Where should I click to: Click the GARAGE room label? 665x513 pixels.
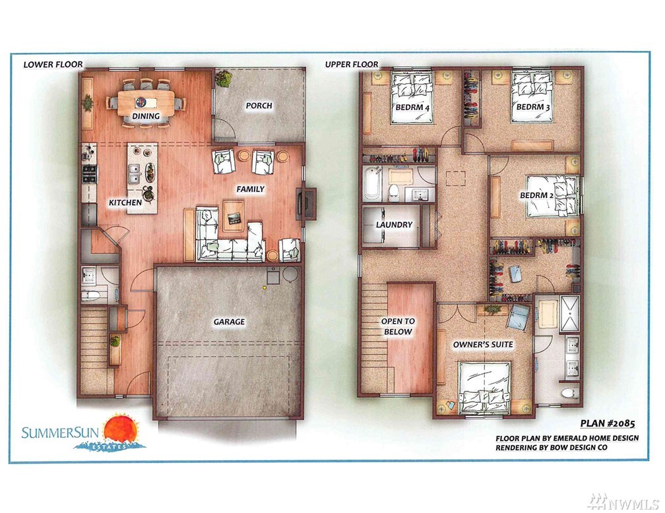point(229,322)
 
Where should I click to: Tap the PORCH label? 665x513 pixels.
point(259,106)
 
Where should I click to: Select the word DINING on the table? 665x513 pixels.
point(145,116)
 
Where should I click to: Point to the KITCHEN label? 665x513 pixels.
point(125,202)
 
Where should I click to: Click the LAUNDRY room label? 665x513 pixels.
point(394,225)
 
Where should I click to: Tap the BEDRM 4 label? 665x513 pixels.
point(412,107)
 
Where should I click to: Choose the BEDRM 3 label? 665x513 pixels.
point(533,107)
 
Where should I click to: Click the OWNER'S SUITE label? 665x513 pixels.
point(483,345)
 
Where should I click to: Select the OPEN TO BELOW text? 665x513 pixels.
point(398,326)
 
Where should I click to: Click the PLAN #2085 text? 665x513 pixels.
point(608,423)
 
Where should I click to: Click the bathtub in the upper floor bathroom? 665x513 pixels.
point(371,183)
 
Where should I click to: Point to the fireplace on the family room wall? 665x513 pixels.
point(307,204)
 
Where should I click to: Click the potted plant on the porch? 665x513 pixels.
point(224,79)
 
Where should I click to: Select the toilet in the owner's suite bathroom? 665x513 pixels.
point(569,392)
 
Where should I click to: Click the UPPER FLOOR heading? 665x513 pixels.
point(352,65)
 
